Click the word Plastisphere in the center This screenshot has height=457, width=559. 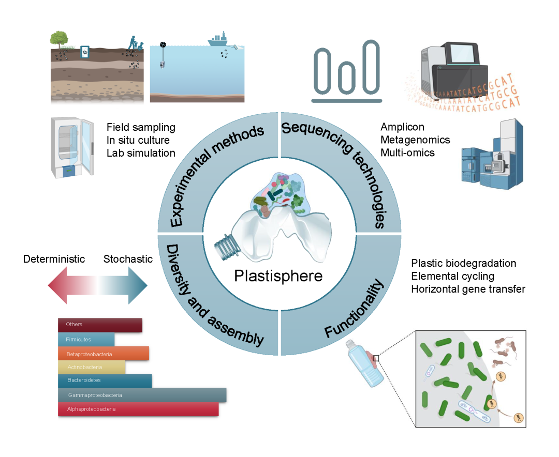278,276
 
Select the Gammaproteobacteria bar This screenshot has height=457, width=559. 142,395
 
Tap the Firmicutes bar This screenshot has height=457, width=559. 86,339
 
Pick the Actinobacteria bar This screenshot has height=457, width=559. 92,367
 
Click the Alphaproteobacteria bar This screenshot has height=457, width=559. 138,409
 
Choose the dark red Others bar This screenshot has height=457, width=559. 100,325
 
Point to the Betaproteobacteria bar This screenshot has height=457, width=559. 104,354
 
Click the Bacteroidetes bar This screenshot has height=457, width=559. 105,380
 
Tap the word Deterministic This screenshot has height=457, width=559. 54,259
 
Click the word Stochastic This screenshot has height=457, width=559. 128,259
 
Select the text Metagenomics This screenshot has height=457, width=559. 415,140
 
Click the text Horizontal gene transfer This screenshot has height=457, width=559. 468,289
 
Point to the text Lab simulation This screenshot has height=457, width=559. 141,153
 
